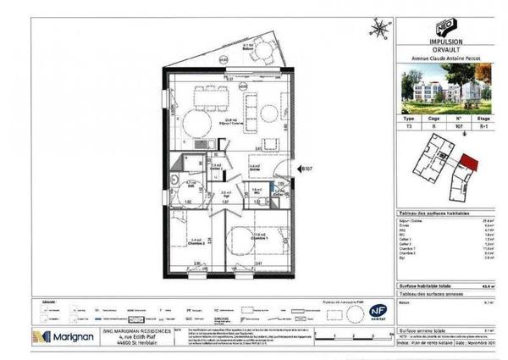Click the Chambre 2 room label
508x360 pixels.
click(196, 242)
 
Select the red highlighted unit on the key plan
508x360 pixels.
click(468, 162)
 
